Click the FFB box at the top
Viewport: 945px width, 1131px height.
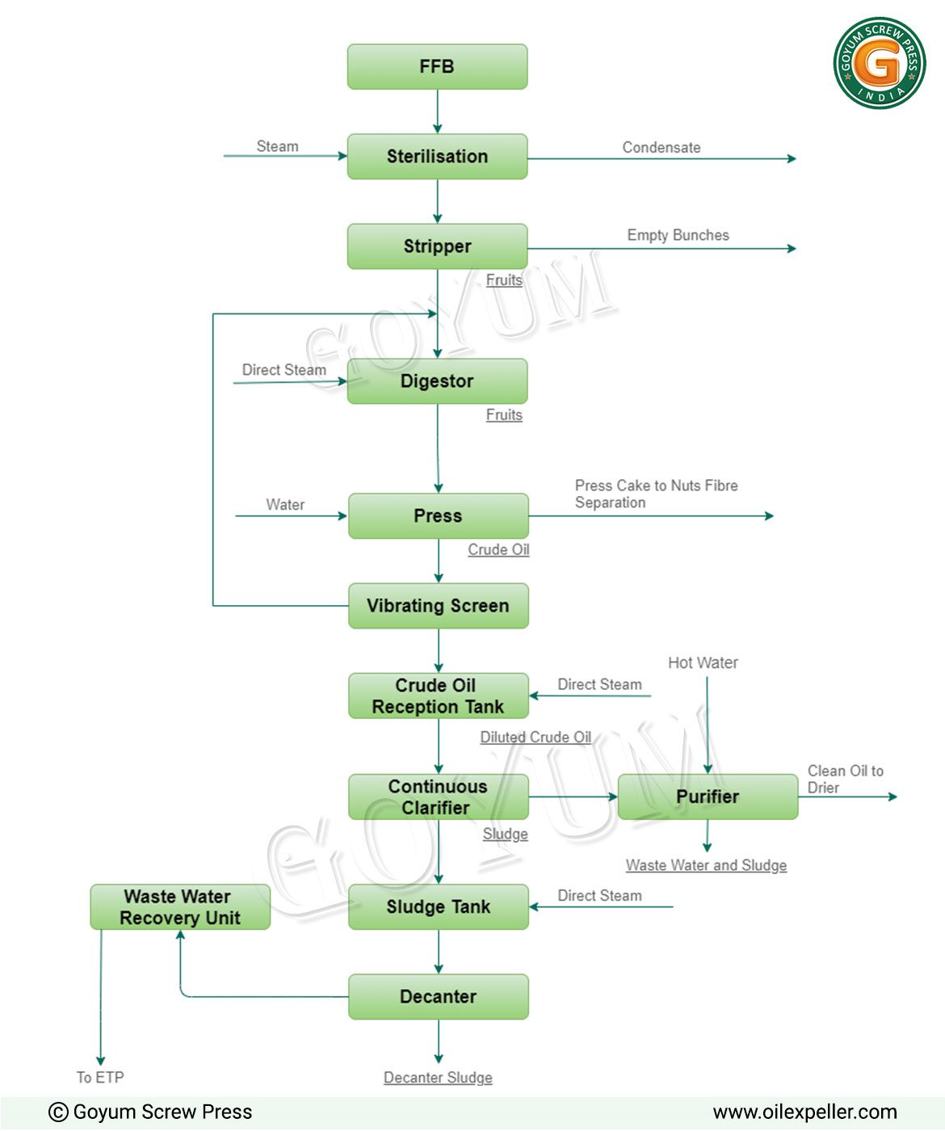[x=437, y=67]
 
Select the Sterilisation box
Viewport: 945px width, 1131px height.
[x=437, y=157]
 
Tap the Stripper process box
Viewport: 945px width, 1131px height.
[x=437, y=246]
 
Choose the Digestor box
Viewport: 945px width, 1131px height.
[x=437, y=381]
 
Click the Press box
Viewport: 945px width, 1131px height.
[x=438, y=516]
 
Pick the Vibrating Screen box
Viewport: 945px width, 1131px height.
[x=438, y=606]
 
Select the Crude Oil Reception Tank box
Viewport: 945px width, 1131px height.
[x=438, y=696]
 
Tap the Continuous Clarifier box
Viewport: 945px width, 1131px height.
[x=438, y=797]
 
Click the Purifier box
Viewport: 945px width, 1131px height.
[x=708, y=797]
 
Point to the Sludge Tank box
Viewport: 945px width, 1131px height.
[x=438, y=906]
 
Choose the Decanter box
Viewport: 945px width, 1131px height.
[x=438, y=996]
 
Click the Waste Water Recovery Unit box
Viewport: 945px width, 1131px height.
[x=179, y=906]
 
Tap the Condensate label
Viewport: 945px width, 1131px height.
[x=661, y=148]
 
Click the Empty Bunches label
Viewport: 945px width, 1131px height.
[x=678, y=235]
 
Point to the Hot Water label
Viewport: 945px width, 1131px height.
[x=703, y=662]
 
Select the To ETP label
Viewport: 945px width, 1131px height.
[x=100, y=1077]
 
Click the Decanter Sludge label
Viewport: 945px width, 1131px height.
[x=438, y=1078]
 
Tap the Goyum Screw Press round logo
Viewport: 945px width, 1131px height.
[x=879, y=63]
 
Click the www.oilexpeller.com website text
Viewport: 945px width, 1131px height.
[x=804, y=1112]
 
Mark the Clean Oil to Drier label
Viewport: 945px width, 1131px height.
[x=845, y=779]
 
